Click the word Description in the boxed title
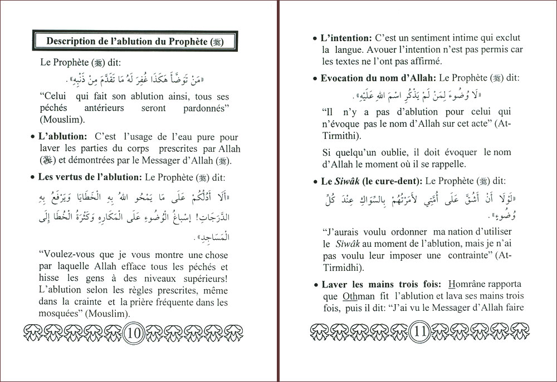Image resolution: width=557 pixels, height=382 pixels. (x=71, y=41)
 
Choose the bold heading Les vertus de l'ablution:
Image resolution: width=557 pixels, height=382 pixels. (x=90, y=178)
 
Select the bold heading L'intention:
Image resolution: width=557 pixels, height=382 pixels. (x=346, y=38)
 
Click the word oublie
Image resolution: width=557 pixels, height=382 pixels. (x=393, y=152)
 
